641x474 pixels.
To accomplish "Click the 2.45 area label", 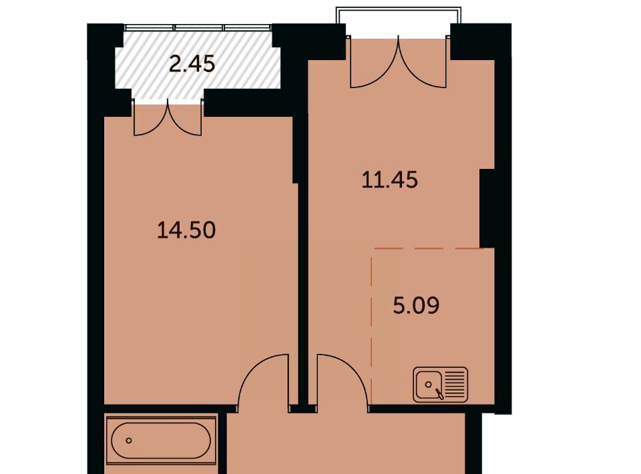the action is (192, 64).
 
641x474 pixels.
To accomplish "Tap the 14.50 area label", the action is (186, 230).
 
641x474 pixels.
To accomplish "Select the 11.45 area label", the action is (389, 180).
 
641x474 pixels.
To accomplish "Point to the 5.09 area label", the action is (416, 305).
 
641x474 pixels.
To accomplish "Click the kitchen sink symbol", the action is (440, 385).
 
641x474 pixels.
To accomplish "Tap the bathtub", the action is (161, 440).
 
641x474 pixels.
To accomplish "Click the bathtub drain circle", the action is (129, 441).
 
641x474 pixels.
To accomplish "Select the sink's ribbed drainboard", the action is (454, 385).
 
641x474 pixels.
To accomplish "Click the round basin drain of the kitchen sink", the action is (429, 385).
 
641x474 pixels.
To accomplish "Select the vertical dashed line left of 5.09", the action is (372, 327).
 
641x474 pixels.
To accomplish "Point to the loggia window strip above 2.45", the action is (198, 28).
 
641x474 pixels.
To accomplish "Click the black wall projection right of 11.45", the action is (487, 208).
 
